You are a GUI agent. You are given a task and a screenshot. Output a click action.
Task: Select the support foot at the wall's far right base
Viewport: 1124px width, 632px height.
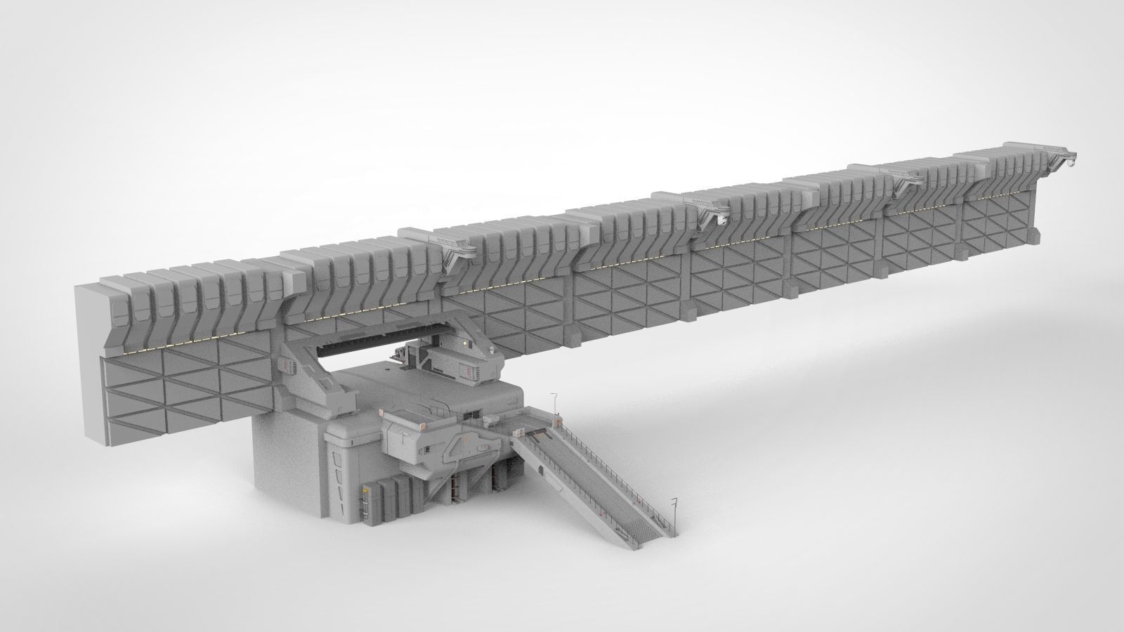[1033, 236]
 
